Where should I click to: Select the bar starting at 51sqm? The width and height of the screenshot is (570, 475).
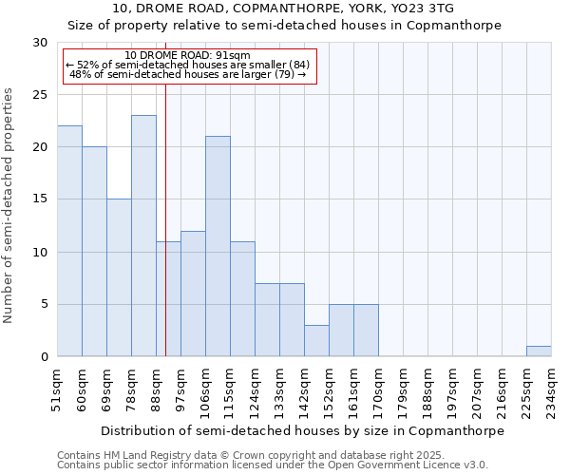(69, 241)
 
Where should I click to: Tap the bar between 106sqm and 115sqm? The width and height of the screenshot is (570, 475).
(218, 246)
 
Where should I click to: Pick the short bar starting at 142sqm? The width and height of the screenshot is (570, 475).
(316, 340)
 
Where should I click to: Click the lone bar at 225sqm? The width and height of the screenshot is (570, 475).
(539, 351)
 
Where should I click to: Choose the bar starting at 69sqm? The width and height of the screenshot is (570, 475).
(119, 277)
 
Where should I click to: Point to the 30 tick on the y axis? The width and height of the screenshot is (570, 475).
(40, 43)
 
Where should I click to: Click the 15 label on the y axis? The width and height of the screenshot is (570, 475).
(40, 199)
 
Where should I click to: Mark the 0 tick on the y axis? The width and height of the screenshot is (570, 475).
(44, 357)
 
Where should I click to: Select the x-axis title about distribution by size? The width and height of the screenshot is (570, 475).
(302, 430)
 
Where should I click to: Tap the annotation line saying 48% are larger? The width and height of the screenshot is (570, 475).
(187, 74)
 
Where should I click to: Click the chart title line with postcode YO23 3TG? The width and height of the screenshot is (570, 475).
(283, 9)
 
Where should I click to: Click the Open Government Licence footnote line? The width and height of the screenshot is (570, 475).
(273, 465)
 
